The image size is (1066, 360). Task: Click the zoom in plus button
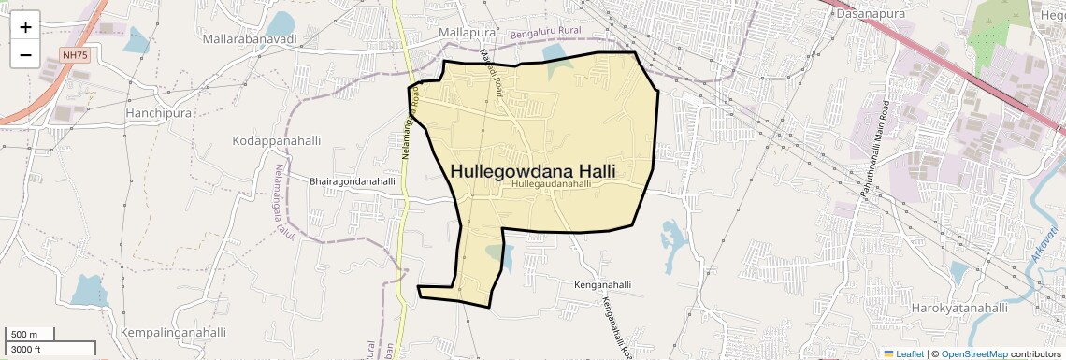click(x=25, y=27)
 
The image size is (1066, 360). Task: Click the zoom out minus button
click(x=25, y=55)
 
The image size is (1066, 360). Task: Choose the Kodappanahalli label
click(x=276, y=140)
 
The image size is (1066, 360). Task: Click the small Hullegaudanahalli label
click(x=552, y=185)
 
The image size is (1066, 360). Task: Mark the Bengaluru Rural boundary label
click(x=546, y=35)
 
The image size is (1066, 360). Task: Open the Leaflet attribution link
click(x=902, y=353)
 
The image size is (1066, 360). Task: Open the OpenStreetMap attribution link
click(x=973, y=353)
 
